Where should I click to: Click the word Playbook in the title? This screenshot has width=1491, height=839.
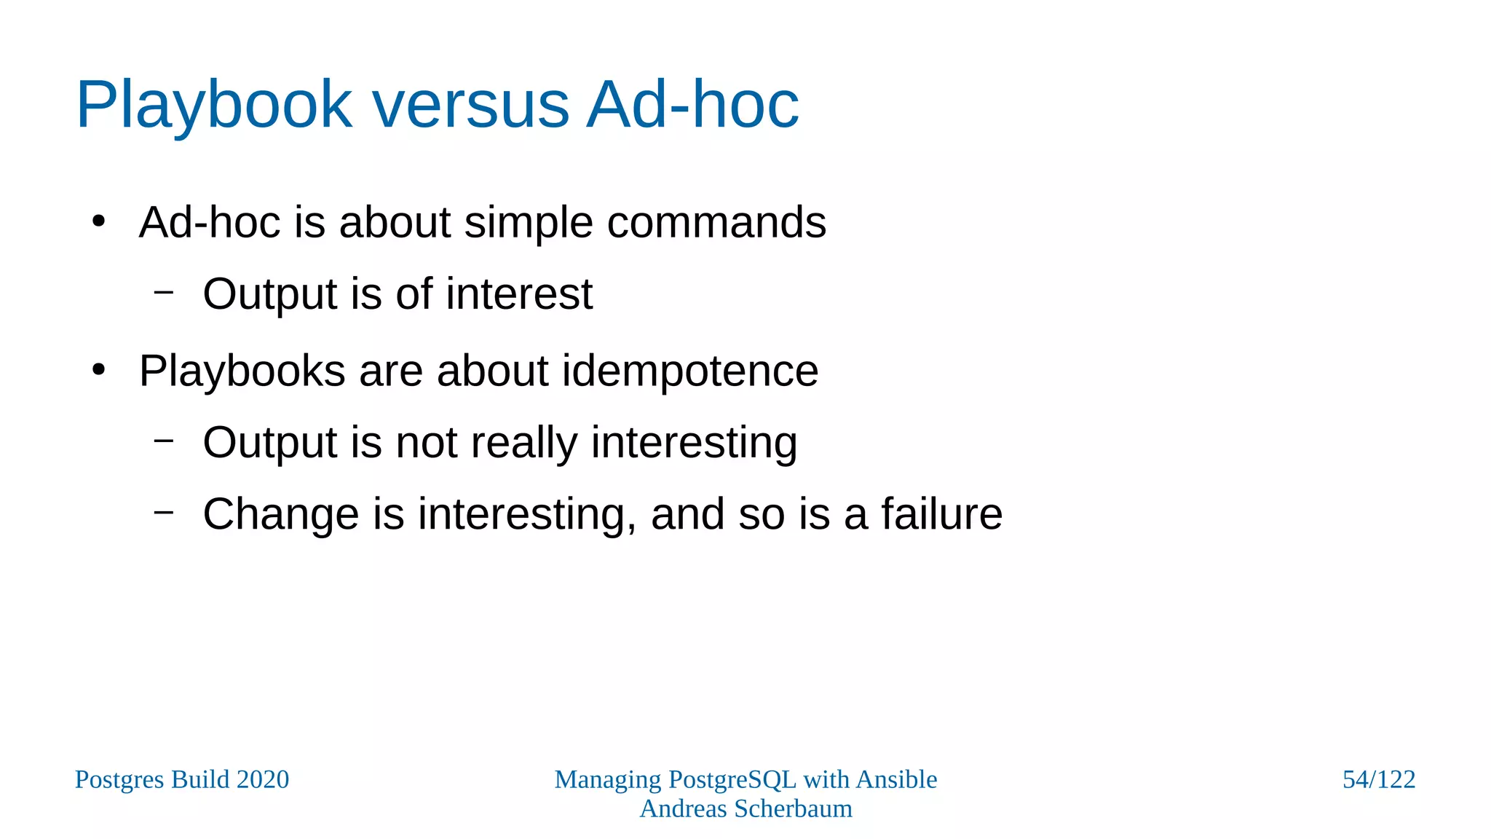pyautogui.click(x=214, y=106)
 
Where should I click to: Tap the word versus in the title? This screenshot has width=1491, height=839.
pyautogui.click(x=470, y=106)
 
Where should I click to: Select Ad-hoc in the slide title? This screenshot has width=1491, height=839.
pyautogui.click(x=692, y=106)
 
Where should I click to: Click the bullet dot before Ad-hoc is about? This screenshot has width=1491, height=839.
pyautogui.click(x=99, y=221)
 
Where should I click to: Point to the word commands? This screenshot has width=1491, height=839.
pyautogui.click(x=716, y=222)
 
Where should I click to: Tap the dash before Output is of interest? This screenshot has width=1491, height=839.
pyautogui.click(x=164, y=292)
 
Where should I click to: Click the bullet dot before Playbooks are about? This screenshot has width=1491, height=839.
pyautogui.click(x=99, y=370)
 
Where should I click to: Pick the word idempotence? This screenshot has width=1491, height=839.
pyautogui.click(x=689, y=371)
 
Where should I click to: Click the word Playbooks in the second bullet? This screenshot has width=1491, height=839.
pyautogui.click(x=242, y=371)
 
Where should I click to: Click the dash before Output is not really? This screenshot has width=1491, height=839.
pyautogui.click(x=164, y=440)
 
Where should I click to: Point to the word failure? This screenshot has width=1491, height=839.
pyautogui.click(x=941, y=514)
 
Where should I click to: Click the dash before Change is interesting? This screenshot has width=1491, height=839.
pyautogui.click(x=164, y=512)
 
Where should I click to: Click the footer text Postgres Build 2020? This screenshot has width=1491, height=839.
pyautogui.click(x=182, y=779)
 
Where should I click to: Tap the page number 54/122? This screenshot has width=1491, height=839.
pyautogui.click(x=1378, y=779)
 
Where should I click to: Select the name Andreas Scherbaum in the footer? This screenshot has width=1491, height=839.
pyautogui.click(x=745, y=808)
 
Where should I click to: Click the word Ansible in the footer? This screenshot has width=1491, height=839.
pyautogui.click(x=896, y=779)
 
